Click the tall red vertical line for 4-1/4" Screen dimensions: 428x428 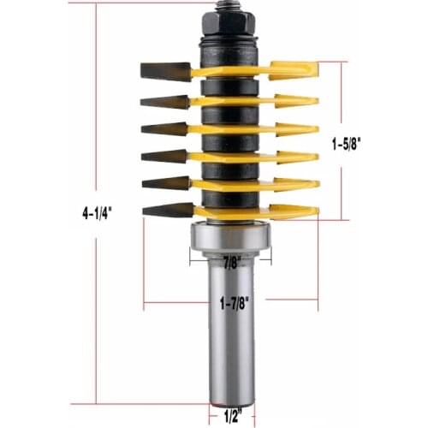point(96,128)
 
